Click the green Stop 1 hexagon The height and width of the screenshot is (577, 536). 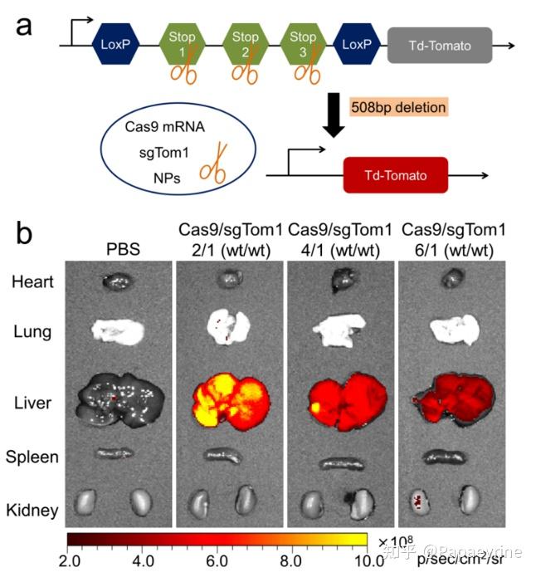pos(182,45)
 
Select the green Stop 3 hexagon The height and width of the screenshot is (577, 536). pos(303,45)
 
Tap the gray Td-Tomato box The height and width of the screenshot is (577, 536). pos(440,46)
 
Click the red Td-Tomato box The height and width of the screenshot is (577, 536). pos(396,175)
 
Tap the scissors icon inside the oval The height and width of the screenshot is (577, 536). pos(216,164)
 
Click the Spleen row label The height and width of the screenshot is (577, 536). pos(32,457)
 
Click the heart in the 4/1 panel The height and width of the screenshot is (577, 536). pos(341,281)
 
